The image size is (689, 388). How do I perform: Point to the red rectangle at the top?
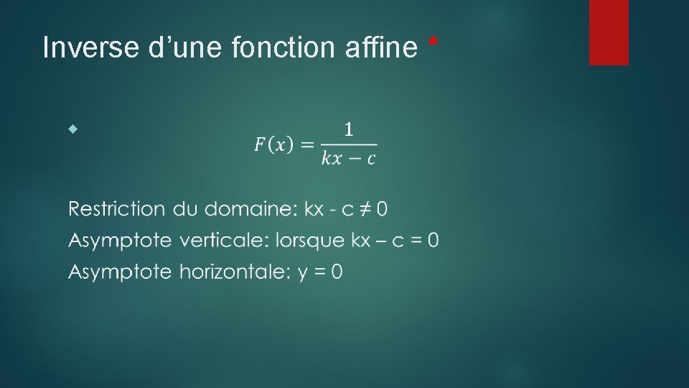pos(609,32)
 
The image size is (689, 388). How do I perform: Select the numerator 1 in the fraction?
pos(348,130)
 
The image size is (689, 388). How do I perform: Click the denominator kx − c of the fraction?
pos(348,159)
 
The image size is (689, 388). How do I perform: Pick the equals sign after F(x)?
pos(306,145)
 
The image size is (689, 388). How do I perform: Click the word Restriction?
pos(114,209)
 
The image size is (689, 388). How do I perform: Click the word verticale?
pos(221,240)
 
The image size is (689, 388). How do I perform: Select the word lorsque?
pos(310,241)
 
